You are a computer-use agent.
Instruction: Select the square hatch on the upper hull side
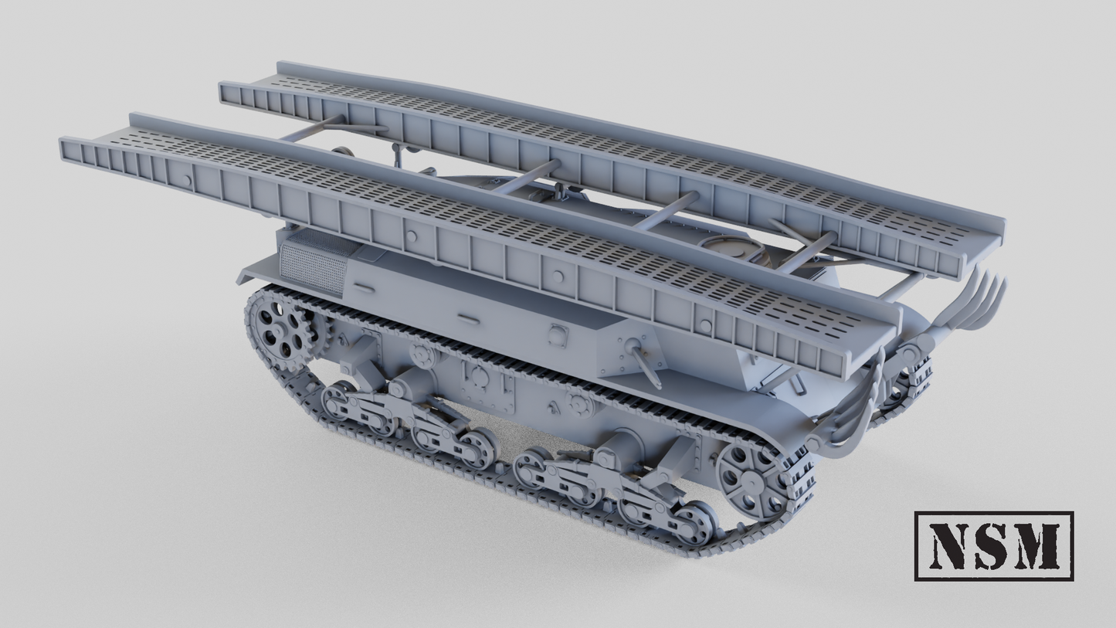558,334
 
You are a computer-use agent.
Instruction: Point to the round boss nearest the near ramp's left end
186,181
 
